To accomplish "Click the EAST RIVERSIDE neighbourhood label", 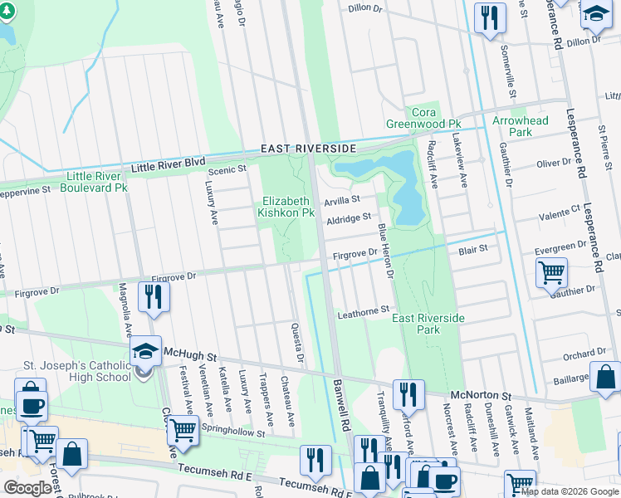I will click(308, 149).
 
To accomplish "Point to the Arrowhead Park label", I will click(521, 126).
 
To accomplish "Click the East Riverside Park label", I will click(428, 324).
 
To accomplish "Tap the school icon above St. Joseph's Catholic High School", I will click(145, 353).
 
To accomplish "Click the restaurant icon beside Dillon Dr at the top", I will click(490, 17).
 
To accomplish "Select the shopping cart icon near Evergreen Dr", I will click(551, 271).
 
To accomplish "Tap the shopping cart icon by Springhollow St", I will click(183, 430).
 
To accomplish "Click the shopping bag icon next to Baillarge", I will click(605, 375).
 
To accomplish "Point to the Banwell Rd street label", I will click(340, 404).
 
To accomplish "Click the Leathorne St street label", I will click(363, 311).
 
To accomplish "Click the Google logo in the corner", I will click(27, 488).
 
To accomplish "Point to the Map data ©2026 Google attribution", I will click(570, 491).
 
